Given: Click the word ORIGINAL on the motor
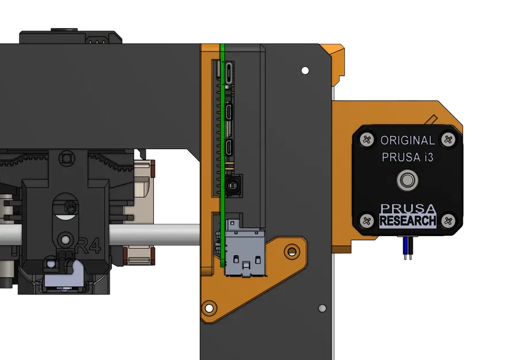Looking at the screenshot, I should [408, 140].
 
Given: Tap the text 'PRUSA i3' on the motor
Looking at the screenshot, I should [408, 157].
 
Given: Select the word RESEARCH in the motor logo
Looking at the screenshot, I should [408, 221].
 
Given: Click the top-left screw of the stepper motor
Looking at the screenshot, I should [366, 139].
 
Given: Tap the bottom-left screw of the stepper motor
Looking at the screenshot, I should [366, 220].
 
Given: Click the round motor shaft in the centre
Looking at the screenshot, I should [407, 180].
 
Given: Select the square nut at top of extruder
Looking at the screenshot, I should [67, 157].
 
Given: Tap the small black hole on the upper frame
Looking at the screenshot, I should [304, 70].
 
